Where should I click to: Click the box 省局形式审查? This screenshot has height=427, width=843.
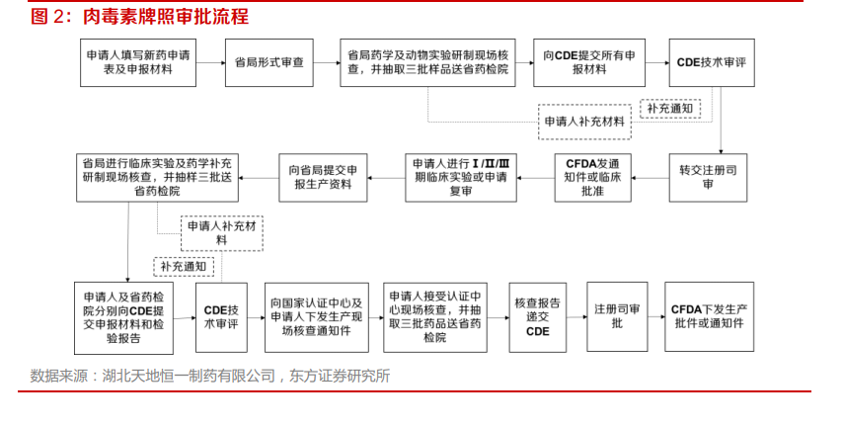pos(268,62)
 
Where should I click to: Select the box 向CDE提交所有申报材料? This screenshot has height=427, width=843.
pos(589,62)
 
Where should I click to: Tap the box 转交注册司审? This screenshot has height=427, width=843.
pos(708,178)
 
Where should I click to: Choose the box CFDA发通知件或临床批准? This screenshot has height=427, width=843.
pos(593,178)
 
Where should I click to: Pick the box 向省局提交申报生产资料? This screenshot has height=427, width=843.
pos(323,178)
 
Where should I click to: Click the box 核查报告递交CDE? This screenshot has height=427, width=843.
pos(538,317)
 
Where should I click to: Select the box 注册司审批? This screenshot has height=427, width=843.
pos(617,316)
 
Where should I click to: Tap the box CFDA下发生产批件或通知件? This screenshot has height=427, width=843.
pos(709,316)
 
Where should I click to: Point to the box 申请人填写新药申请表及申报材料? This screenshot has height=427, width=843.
pos(138,62)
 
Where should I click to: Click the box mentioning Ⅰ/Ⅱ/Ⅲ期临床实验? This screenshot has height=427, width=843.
pos(461,178)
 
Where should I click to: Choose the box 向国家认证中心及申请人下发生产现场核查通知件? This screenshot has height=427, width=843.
pos(317,317)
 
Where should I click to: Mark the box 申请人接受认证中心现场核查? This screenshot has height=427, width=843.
pos(435,317)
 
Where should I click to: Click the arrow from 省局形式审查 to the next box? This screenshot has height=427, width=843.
pos(327,63)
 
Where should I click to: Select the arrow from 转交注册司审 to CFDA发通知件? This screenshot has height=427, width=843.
pos(650,178)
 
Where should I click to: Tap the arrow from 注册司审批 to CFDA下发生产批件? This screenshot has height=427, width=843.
pos(655,316)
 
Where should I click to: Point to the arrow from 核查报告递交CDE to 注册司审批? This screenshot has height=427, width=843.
pos(576,317)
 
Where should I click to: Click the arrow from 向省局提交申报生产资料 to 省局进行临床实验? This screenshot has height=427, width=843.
pos(259,178)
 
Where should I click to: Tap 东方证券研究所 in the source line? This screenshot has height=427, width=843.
pos(340,376)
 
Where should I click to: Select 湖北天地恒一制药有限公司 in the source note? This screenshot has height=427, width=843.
pos(189,376)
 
